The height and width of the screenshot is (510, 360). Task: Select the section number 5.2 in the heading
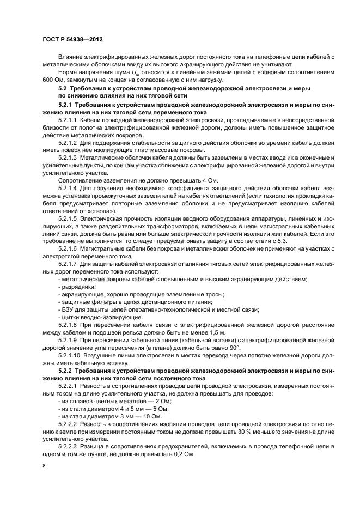62,88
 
